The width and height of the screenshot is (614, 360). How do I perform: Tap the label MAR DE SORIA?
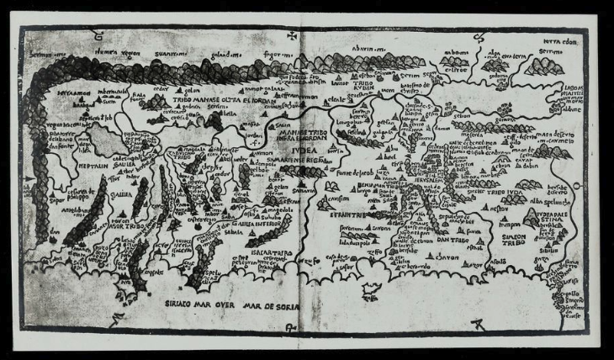pyautogui.click(x=267, y=296)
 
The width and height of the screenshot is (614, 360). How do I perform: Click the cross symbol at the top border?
pyautogui.click(x=291, y=36)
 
